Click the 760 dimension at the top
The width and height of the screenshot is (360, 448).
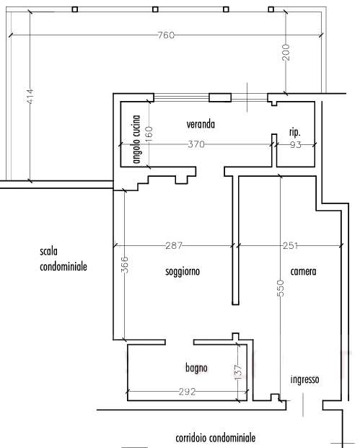[166, 35]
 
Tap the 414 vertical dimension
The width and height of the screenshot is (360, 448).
[30, 96]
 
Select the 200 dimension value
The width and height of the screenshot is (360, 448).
[286, 52]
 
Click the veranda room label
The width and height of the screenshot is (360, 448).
[201, 124]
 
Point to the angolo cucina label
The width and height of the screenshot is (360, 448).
[137, 139]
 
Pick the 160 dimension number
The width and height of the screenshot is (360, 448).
[149, 134]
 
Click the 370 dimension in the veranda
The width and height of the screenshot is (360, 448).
[196, 144]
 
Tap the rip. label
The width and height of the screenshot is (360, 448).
[295, 132]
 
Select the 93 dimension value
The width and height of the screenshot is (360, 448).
[296, 144]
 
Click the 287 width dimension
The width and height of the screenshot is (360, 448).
[174, 245]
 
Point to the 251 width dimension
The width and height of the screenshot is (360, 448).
[290, 245]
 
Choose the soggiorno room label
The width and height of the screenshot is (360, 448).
[183, 271]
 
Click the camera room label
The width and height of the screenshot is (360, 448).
[303, 271]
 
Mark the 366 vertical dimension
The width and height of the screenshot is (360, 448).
[125, 264]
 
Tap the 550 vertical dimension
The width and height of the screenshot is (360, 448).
[281, 288]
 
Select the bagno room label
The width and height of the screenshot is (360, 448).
[196, 368]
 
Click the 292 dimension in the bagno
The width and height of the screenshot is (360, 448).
[187, 392]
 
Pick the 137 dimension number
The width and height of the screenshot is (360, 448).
[238, 372]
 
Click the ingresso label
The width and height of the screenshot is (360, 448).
[304, 379]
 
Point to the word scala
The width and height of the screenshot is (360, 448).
[49, 252]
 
